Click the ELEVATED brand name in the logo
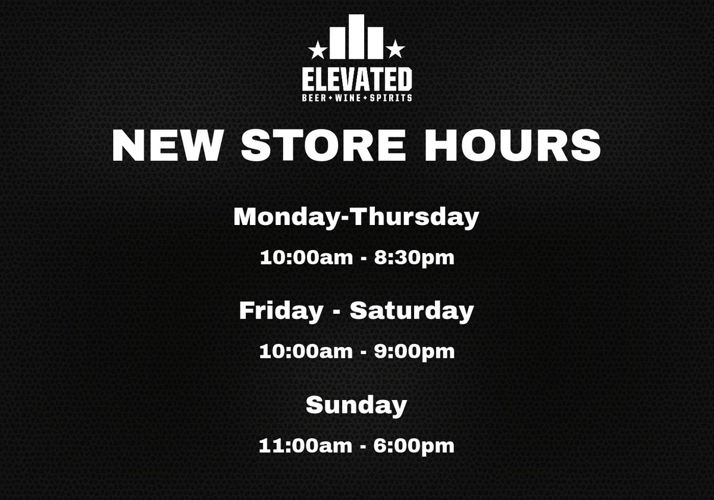click(x=356, y=80)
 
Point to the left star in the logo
click(x=319, y=47)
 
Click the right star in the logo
click(x=395, y=47)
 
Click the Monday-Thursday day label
click(x=356, y=217)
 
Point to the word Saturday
click(x=412, y=310)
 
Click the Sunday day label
click(x=356, y=405)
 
